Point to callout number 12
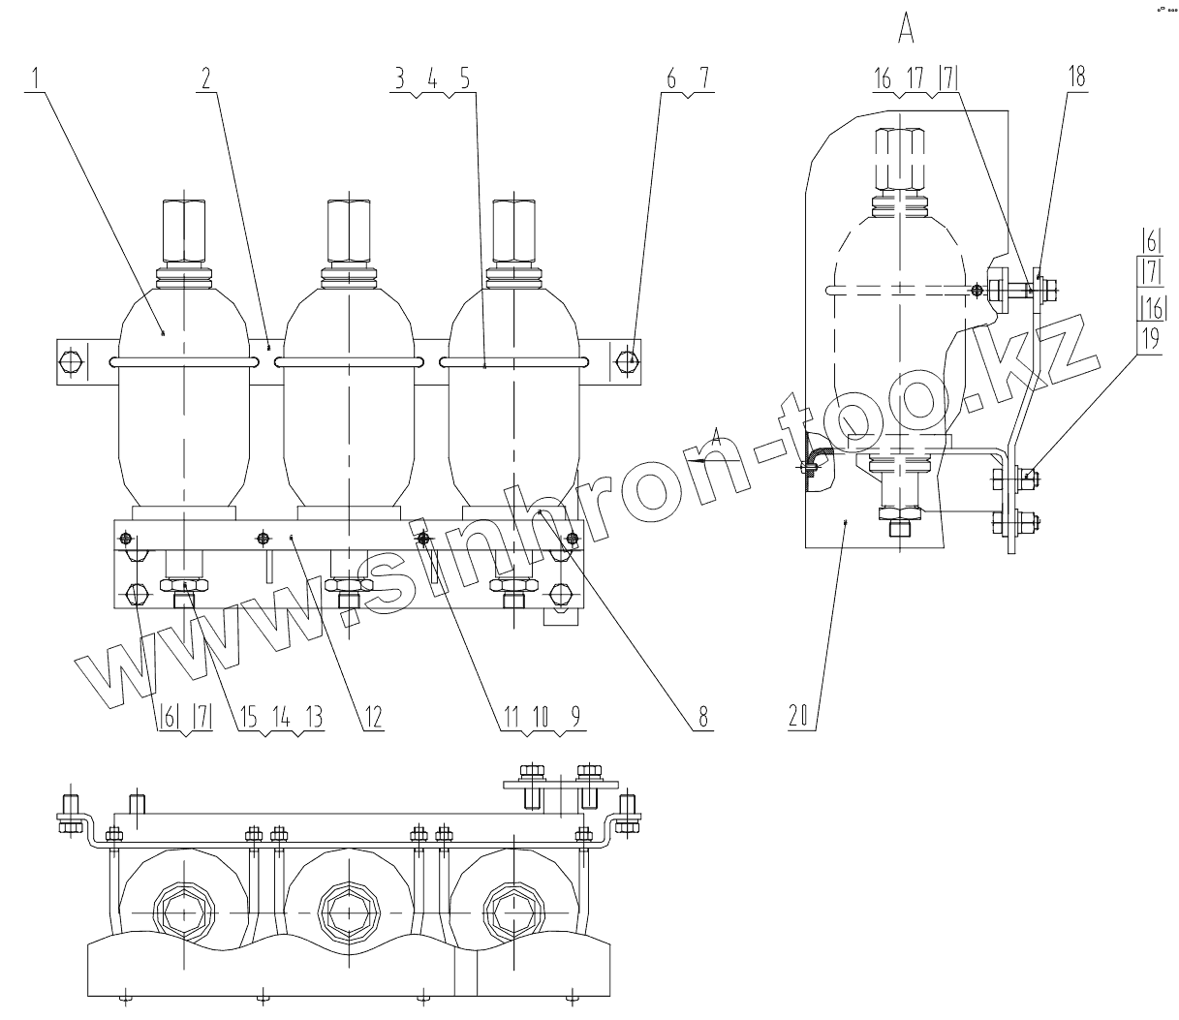pyautogui.click(x=373, y=717)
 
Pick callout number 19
pyautogui.click(x=1150, y=339)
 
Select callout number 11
pyautogui.click(x=511, y=717)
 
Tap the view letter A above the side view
pyautogui.click(x=907, y=31)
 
